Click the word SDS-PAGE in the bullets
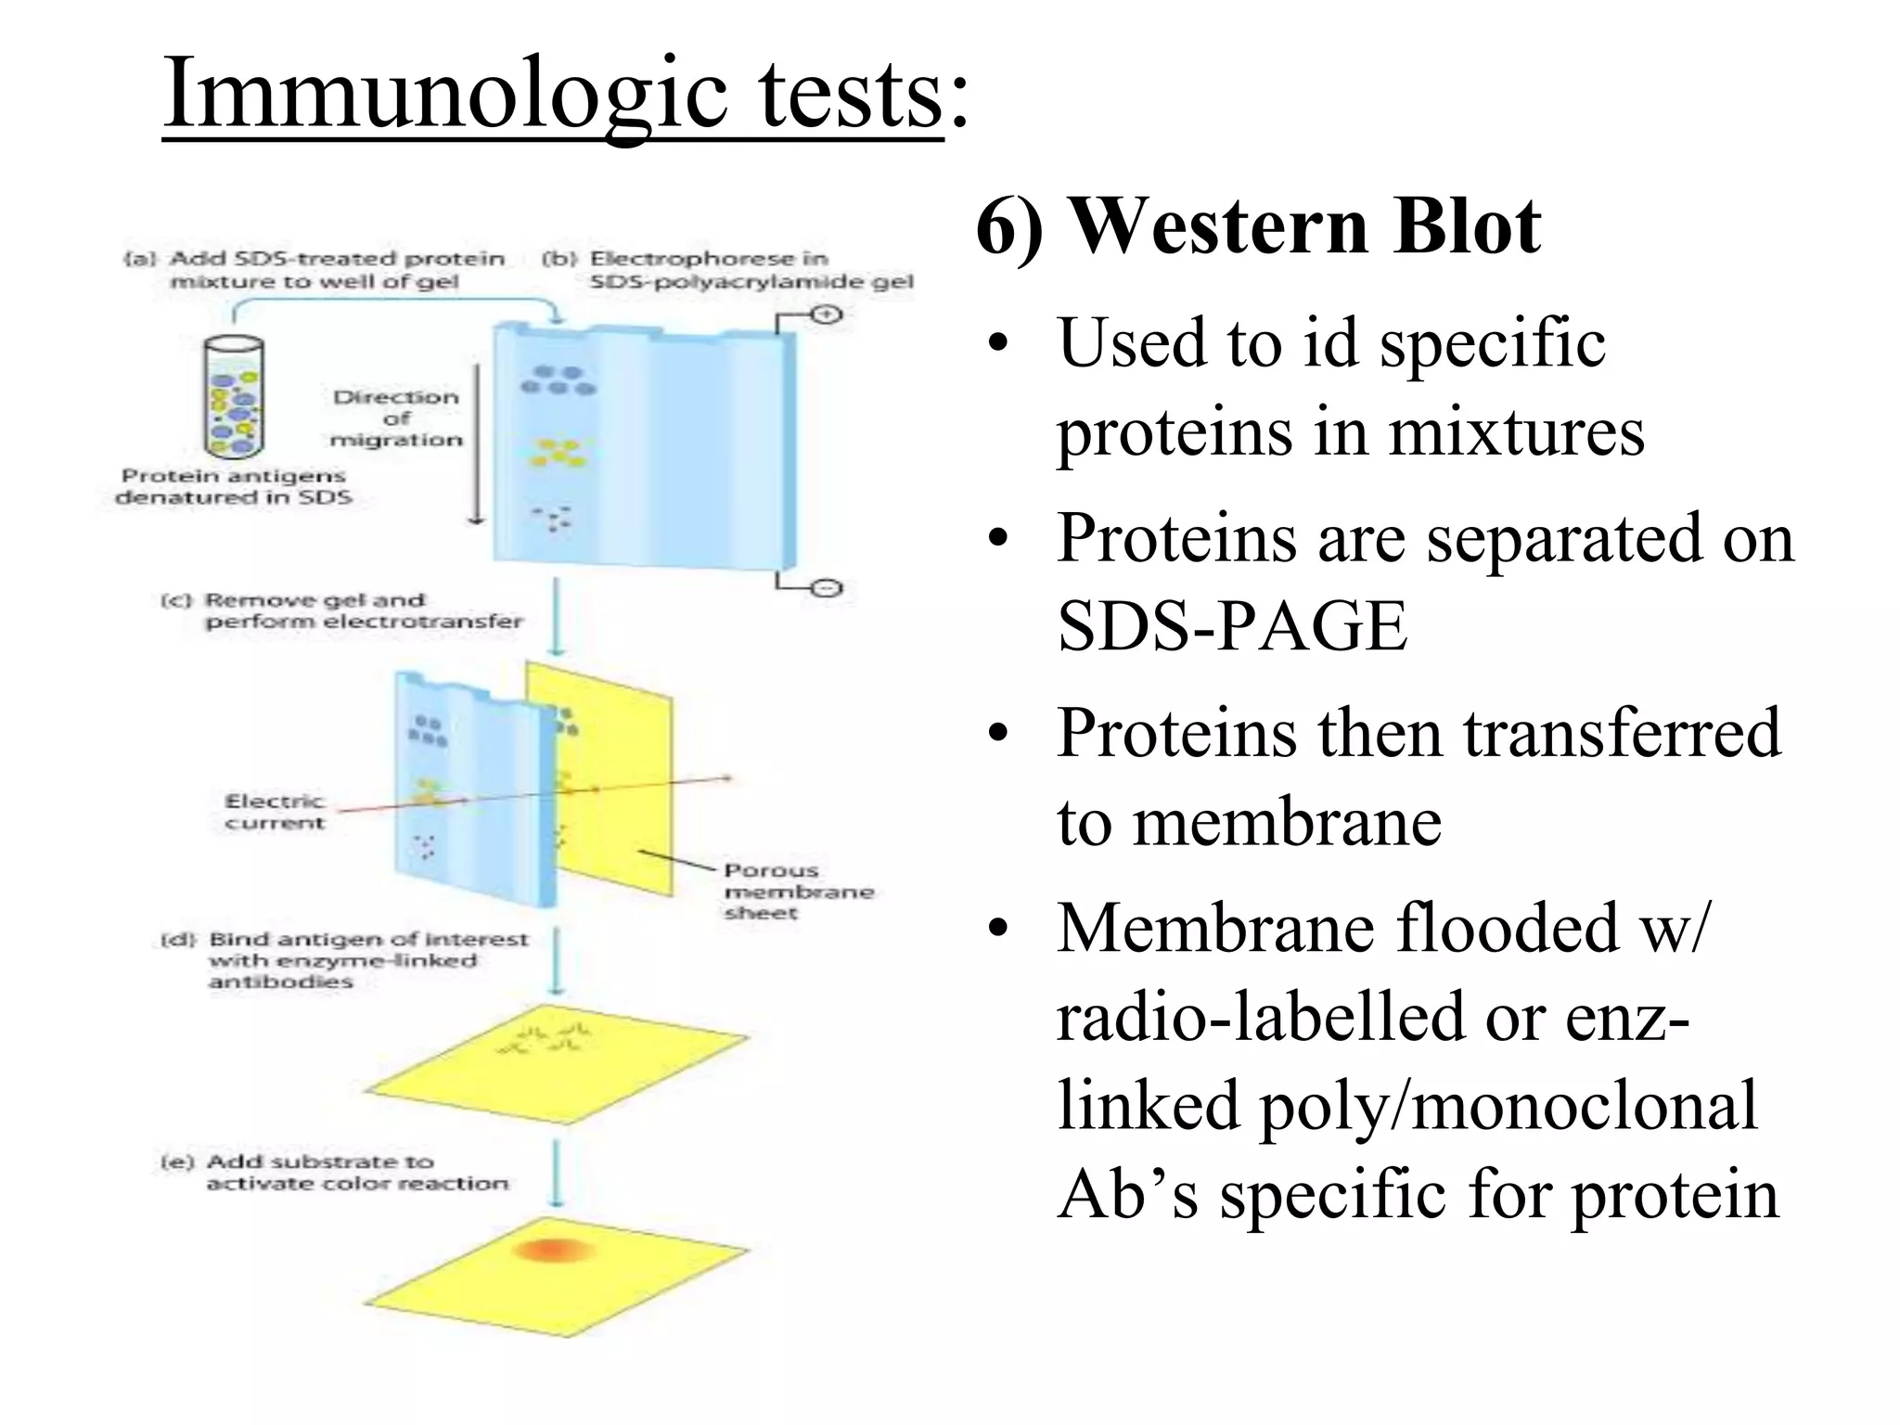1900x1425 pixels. pyautogui.click(x=1231, y=626)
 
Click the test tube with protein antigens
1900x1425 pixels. pyautogui.click(x=234, y=397)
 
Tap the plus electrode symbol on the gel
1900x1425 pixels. pyautogui.click(x=825, y=315)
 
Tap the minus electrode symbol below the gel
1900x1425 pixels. pyautogui.click(x=827, y=588)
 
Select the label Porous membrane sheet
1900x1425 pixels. pyautogui.click(x=798, y=892)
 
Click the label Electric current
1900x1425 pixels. pyautogui.click(x=275, y=812)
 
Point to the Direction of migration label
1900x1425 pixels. pyautogui.click(x=396, y=418)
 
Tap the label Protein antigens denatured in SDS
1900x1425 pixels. pyautogui.click(x=234, y=486)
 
